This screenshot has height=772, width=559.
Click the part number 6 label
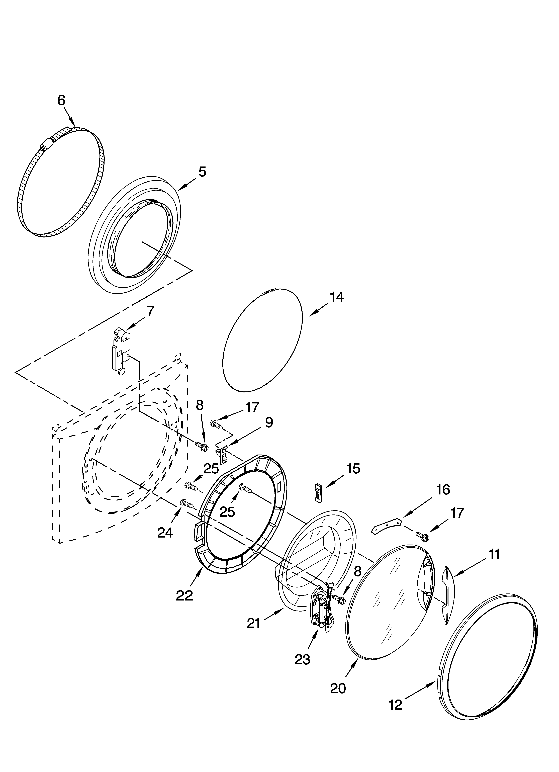coord(61,100)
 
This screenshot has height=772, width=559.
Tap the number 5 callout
coord(202,172)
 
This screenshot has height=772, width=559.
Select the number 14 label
coord(336,297)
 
